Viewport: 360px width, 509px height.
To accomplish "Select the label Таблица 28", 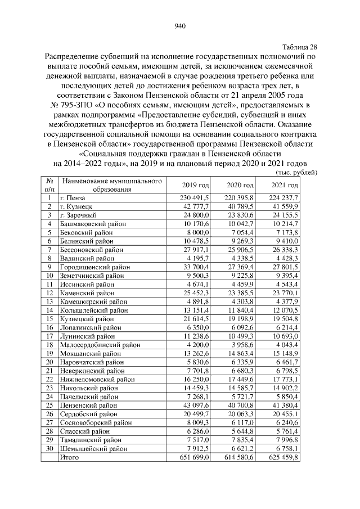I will click(x=299, y=47).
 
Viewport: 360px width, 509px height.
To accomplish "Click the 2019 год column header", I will click(x=196, y=186).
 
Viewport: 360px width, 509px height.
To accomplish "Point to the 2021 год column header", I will click(x=285, y=186).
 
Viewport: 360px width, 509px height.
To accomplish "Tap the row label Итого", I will click(x=69, y=458).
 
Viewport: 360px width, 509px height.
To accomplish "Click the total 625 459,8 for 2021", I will click(x=283, y=458).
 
